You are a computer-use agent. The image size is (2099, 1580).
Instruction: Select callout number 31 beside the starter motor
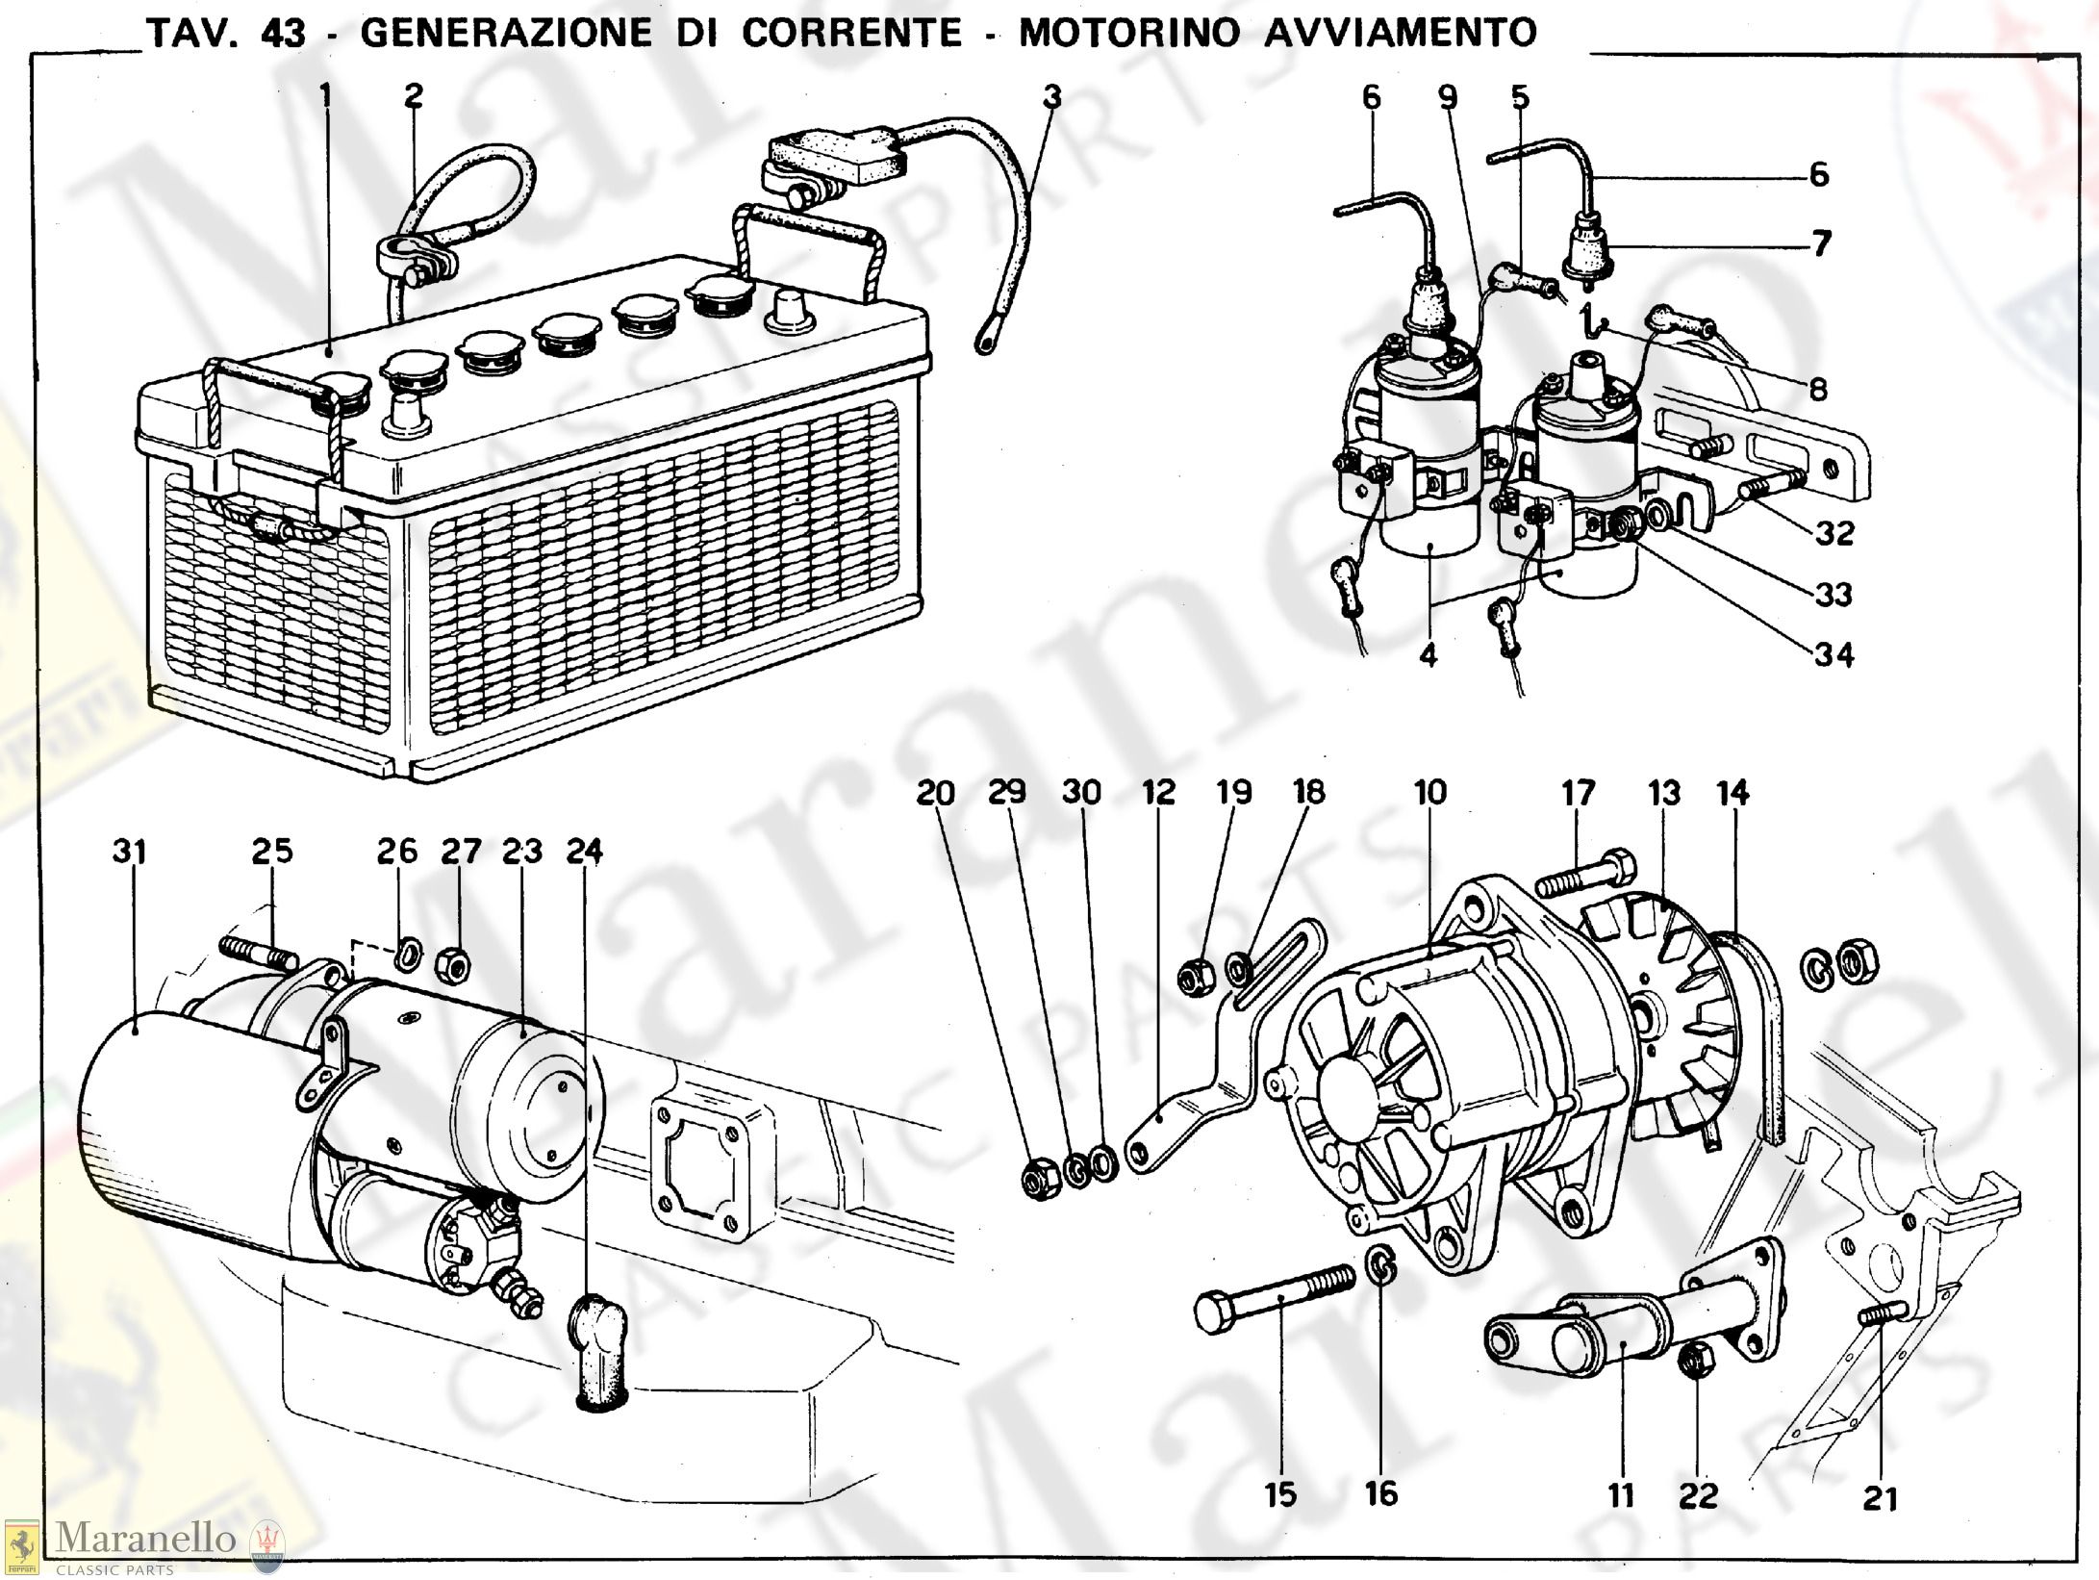[x=129, y=852]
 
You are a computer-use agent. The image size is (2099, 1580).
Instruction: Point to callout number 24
[x=584, y=851]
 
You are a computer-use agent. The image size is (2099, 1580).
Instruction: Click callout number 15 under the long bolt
[x=1280, y=1494]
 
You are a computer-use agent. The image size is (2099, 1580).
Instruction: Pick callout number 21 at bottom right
[x=1880, y=1498]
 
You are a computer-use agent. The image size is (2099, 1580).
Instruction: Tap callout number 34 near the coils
[x=1833, y=654]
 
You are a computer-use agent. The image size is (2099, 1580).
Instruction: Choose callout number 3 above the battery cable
[x=1051, y=96]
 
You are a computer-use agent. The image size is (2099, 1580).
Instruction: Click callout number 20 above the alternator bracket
[x=935, y=793]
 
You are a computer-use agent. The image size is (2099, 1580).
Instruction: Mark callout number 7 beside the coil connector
[x=1821, y=243]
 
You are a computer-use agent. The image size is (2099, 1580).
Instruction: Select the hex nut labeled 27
[x=453, y=963]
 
